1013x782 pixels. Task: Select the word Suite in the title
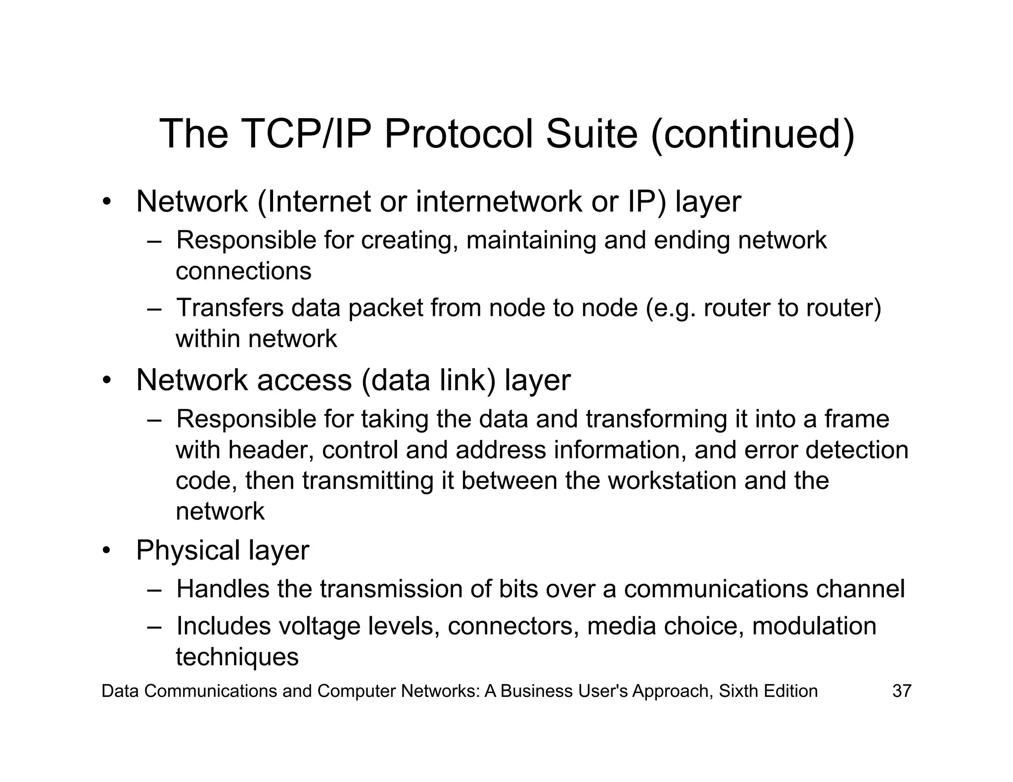pos(592,134)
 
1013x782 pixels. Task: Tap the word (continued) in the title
pos(753,135)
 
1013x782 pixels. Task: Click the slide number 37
pos(901,691)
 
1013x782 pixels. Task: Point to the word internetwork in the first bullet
pos(499,202)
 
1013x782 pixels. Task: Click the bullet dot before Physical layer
pos(106,551)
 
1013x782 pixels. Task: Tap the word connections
pos(243,271)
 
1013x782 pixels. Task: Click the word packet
pos(385,308)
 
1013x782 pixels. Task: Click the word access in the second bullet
pos(304,380)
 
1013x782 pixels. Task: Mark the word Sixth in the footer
pos(738,691)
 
